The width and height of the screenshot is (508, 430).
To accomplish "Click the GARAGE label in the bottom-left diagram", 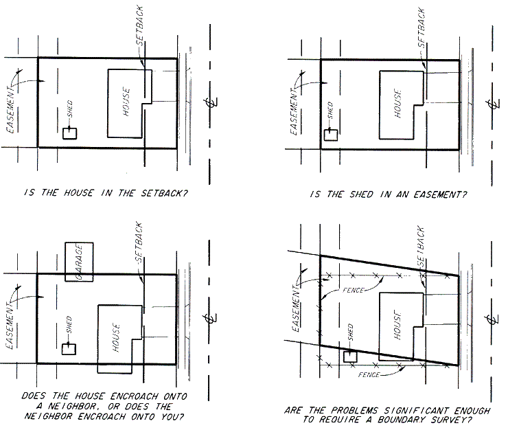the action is click(x=79, y=262).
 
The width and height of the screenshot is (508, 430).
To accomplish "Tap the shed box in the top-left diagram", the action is click(x=69, y=134).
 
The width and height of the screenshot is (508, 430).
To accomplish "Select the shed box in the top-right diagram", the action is click(x=331, y=135).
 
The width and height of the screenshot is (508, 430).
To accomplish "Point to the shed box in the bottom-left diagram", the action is click(x=69, y=349).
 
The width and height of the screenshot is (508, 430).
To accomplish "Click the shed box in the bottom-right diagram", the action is click(x=350, y=357).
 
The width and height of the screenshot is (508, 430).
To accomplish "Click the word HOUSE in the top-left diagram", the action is click(x=126, y=102).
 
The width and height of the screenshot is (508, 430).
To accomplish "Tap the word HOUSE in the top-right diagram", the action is click(x=398, y=103).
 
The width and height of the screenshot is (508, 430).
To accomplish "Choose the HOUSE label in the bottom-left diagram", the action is click(x=116, y=337).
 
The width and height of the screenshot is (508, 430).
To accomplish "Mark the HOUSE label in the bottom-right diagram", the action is click(x=398, y=325).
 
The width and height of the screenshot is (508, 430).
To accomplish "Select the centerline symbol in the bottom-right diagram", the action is click(x=492, y=320).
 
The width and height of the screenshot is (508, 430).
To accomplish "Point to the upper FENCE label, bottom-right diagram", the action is click(x=354, y=290).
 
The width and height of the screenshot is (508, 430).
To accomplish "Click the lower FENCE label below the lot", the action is click(x=369, y=375).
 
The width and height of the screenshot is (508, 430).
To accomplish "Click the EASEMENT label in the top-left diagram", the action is click(x=11, y=110).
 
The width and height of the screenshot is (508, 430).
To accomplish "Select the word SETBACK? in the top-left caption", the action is click(x=164, y=193).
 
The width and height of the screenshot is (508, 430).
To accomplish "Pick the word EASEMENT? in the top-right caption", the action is click(x=440, y=194).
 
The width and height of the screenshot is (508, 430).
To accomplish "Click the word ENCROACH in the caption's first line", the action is click(x=134, y=396).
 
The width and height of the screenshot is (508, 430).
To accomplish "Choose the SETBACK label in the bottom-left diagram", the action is click(x=139, y=242).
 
